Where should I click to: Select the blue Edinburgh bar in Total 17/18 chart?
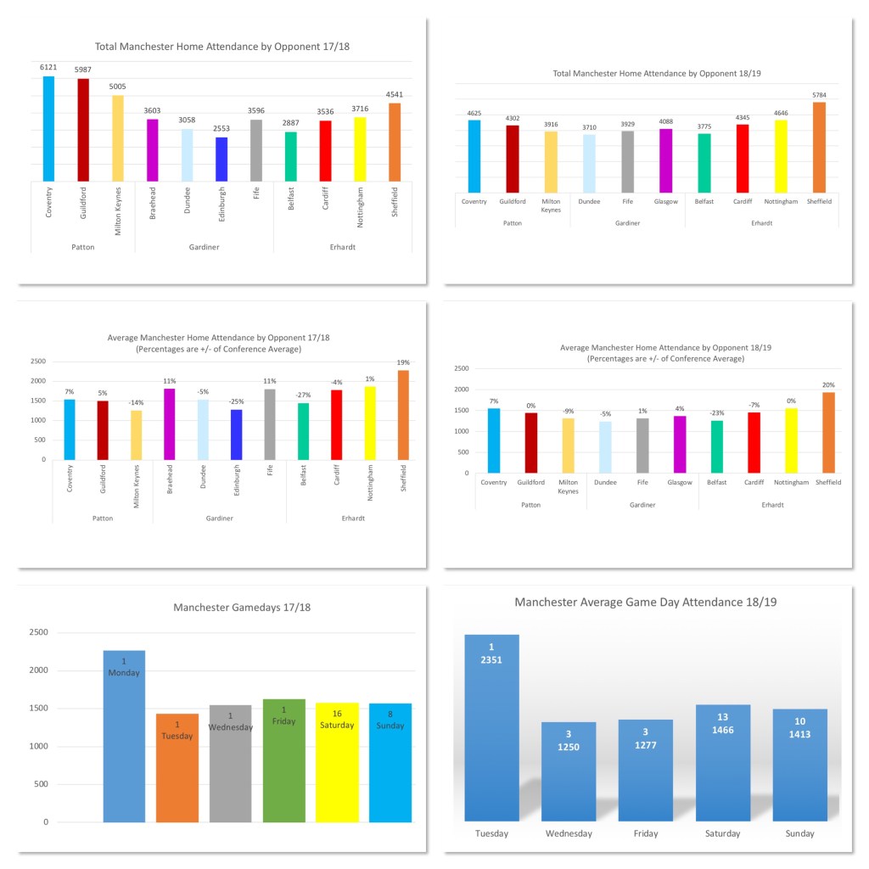[221, 159]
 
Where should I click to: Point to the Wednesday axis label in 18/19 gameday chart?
[569, 833]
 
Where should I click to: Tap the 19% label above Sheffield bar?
[402, 362]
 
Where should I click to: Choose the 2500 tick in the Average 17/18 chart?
[39, 361]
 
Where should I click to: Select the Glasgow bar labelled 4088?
[665, 154]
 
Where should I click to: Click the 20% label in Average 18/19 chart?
[828, 384]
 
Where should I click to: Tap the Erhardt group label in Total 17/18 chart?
[342, 246]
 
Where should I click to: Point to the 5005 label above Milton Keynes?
[118, 87]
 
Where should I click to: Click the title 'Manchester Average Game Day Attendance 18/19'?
[646, 602]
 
